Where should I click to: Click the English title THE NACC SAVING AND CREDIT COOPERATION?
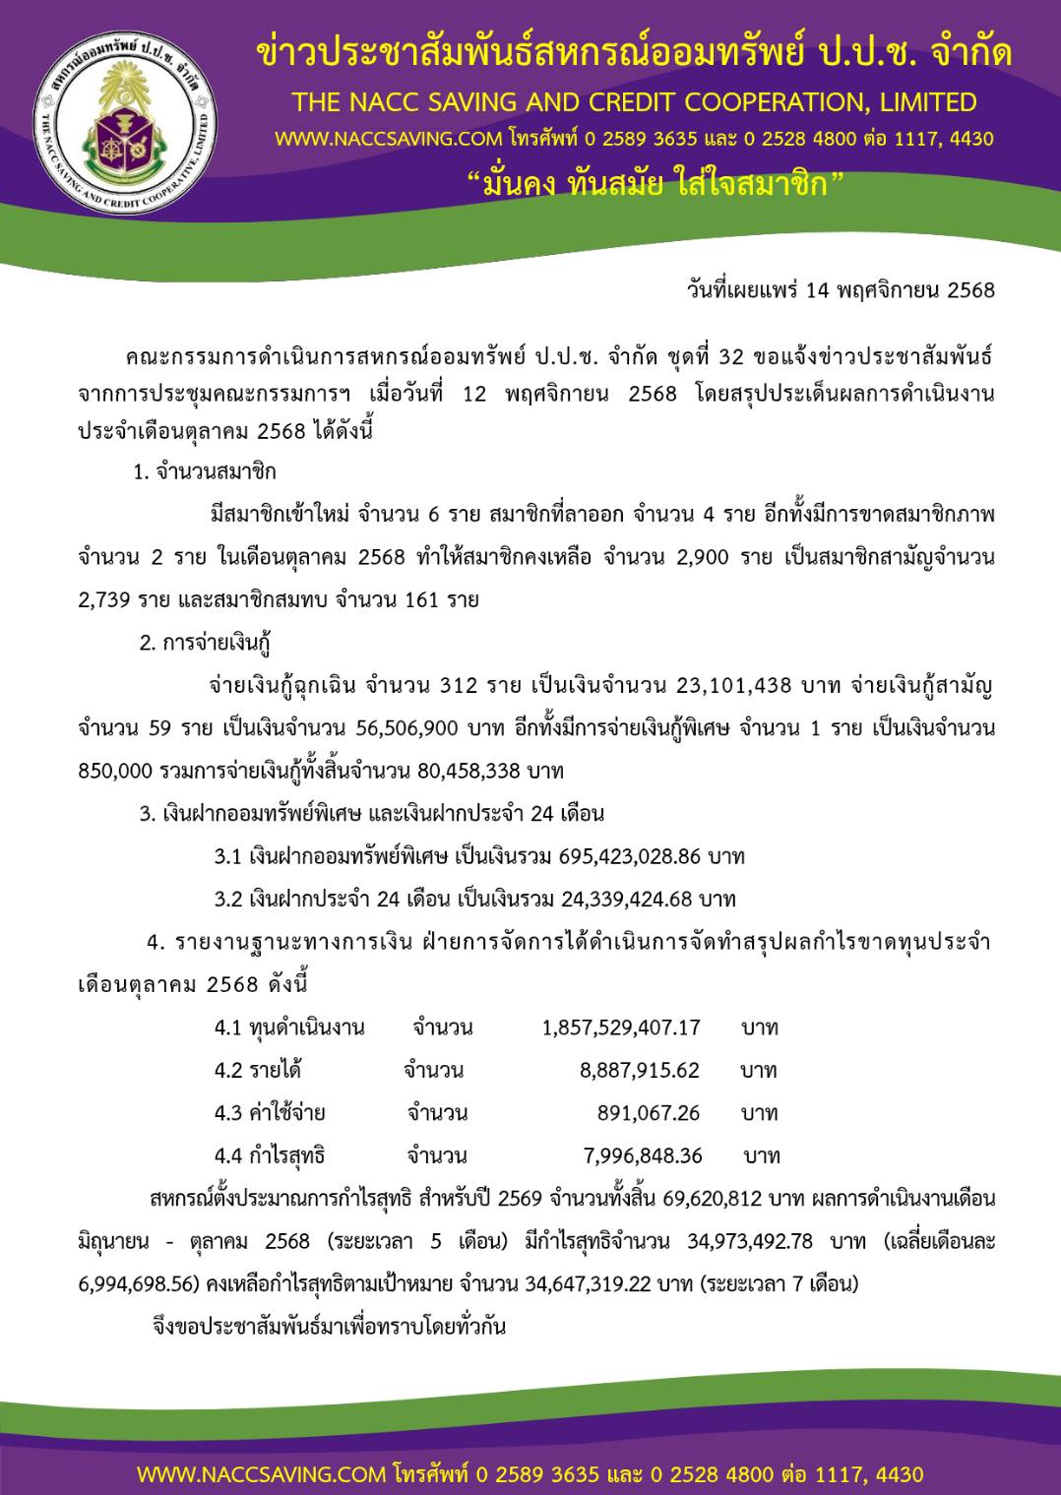[x=634, y=102]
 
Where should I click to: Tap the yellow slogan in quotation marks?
[x=655, y=184]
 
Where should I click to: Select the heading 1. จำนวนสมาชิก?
[x=205, y=471]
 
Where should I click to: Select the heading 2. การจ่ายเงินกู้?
[x=205, y=643]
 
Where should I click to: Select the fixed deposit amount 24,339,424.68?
[x=627, y=899]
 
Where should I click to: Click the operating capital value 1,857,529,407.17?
[x=621, y=1028]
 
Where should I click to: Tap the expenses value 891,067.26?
[x=648, y=1113]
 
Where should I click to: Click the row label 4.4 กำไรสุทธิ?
[x=270, y=1155]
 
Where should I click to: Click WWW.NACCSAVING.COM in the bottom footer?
[x=261, y=1474]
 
